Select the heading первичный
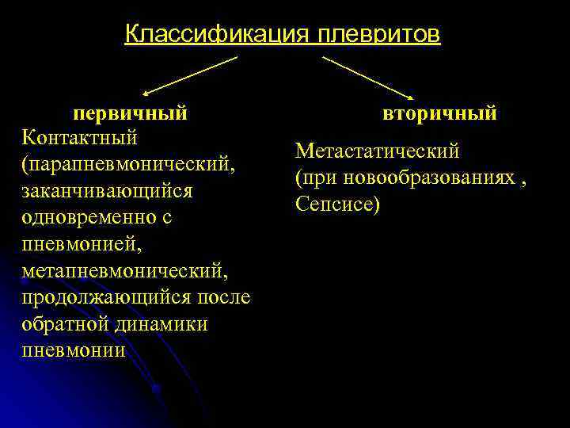(131, 113)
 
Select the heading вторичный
(440, 113)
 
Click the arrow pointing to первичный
(190, 75)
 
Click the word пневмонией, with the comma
(82, 244)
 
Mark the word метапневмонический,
(125, 271)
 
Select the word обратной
(65, 323)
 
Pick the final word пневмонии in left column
(74, 350)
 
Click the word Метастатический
(377, 151)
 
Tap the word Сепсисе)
(338, 204)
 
